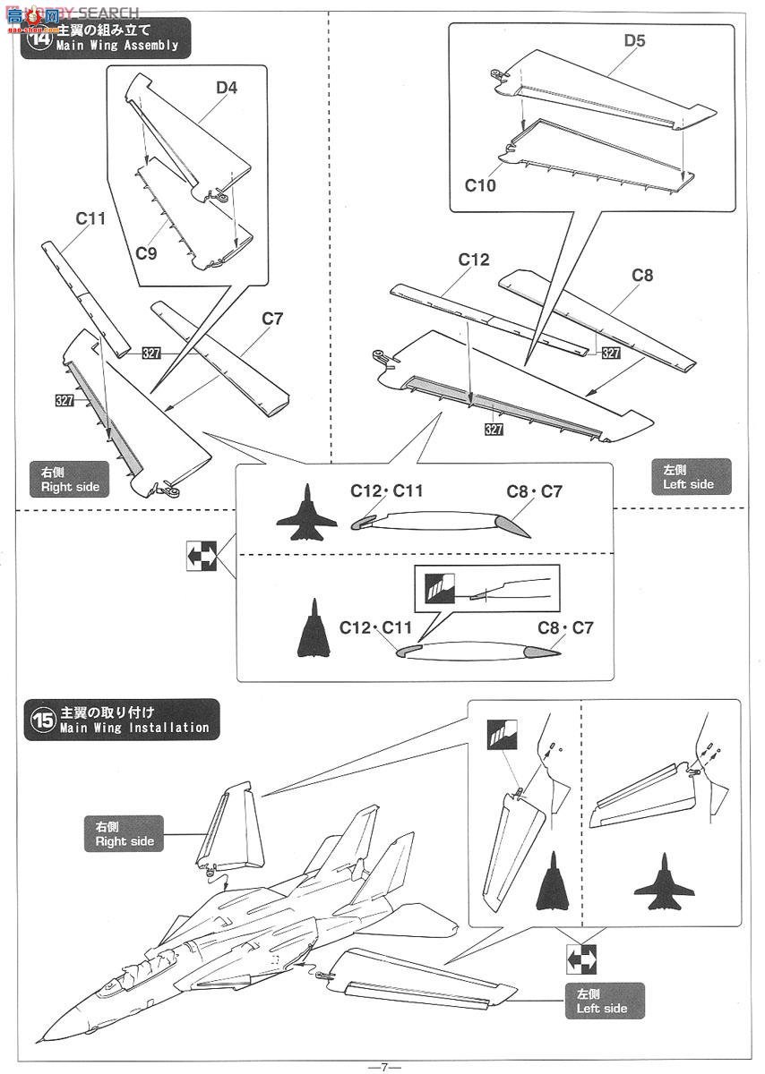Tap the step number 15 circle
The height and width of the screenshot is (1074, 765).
42,721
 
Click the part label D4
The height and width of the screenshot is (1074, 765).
226,89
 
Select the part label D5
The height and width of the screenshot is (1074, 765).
634,40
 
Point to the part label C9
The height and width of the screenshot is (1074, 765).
146,252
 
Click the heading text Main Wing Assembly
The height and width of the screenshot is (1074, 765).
117,45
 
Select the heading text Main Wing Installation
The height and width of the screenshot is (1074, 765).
134,728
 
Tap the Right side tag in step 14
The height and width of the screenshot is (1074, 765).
70,481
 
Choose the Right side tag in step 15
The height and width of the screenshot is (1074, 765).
125,833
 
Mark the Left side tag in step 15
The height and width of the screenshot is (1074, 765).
602,1001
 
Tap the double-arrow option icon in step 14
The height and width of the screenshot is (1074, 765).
202,556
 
